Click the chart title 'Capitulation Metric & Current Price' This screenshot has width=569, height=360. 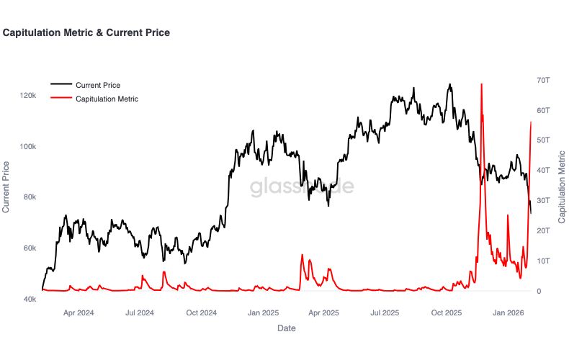86,32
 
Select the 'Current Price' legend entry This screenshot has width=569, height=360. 97,85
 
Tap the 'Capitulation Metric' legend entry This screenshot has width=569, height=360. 107,99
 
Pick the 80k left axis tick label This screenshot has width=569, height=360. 29,197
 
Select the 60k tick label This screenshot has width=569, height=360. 29,248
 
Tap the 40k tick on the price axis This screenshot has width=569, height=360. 29,299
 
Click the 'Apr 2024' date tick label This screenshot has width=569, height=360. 79,313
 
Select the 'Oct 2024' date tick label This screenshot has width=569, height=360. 201,313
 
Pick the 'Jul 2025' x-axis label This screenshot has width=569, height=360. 385,313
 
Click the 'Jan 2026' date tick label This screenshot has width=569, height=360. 508,313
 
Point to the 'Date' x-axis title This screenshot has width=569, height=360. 286,328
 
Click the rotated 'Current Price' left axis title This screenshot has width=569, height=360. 6,187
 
